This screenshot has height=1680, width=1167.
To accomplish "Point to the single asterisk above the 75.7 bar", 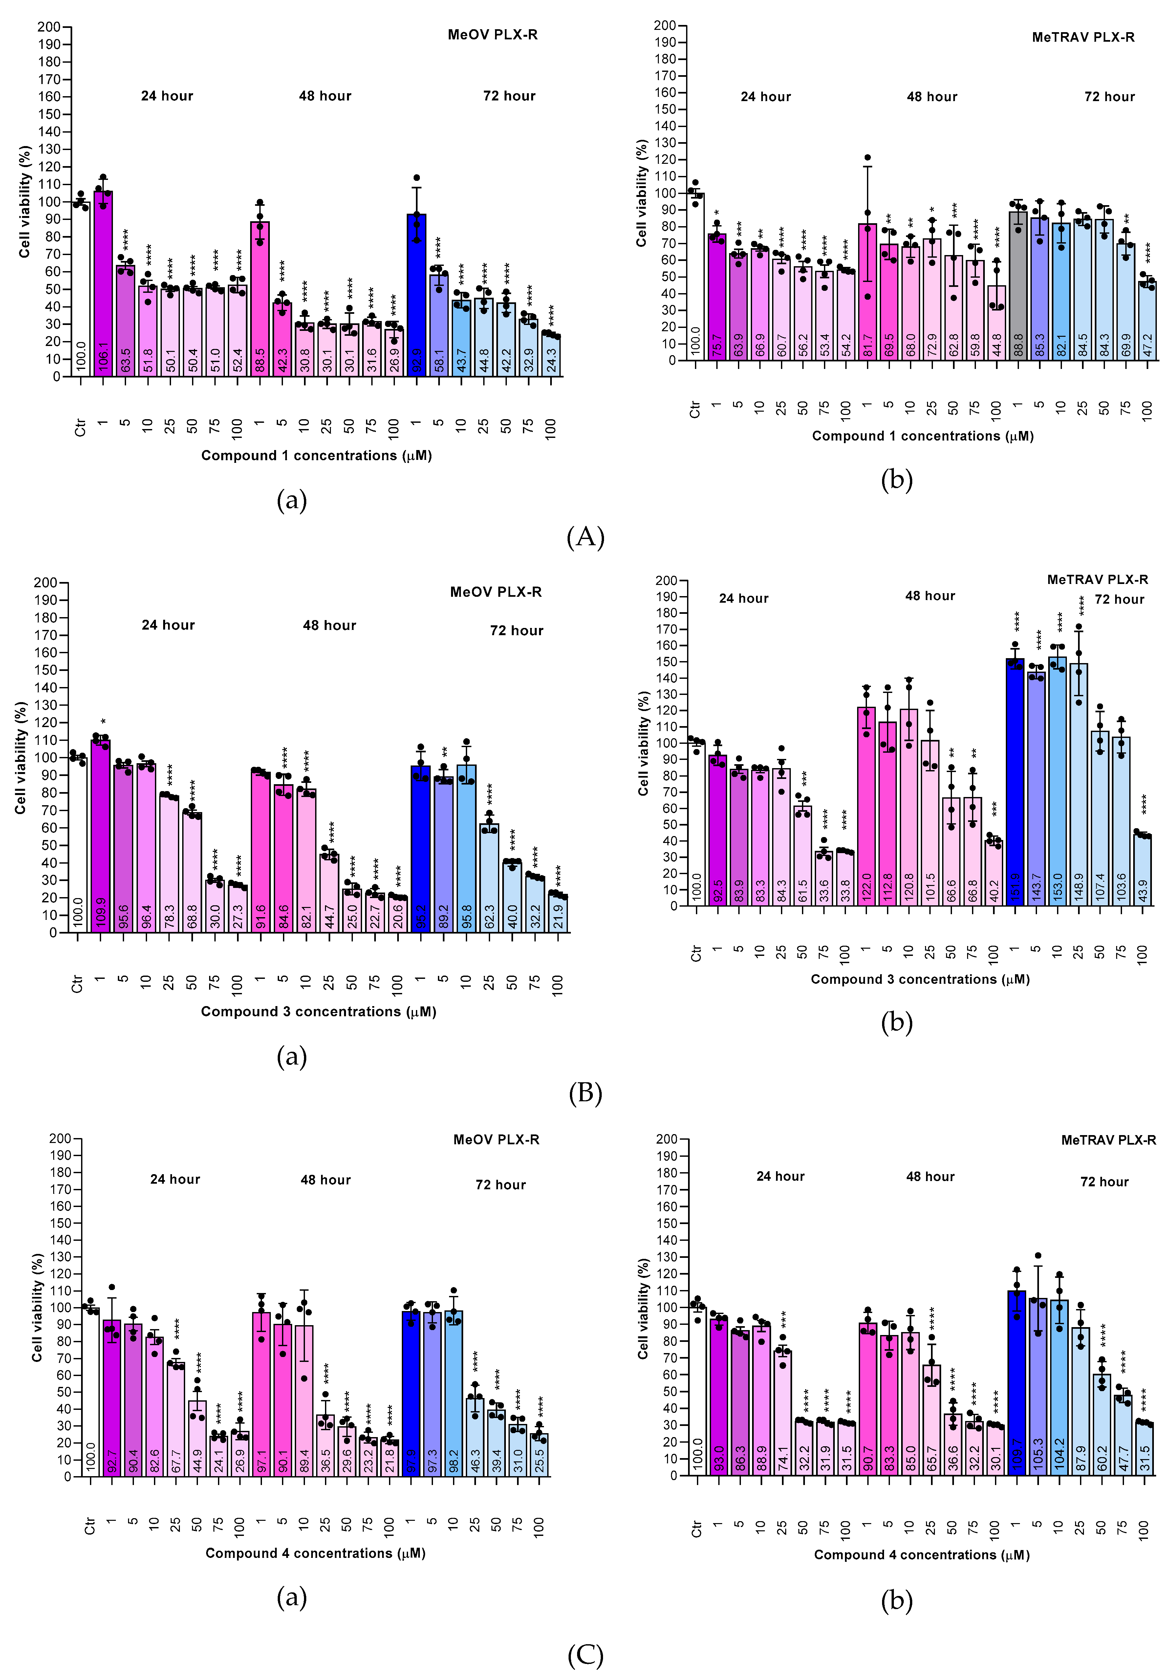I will pyautogui.click(x=717, y=214).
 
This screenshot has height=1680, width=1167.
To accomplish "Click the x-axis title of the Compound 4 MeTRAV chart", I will pyautogui.click(x=921, y=1555).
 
